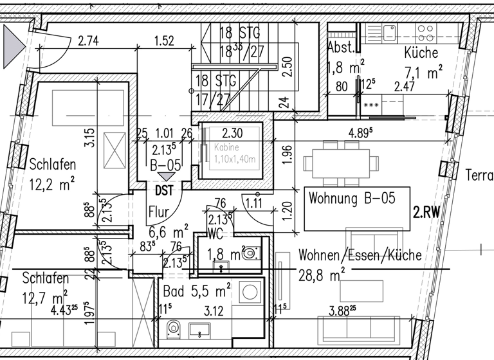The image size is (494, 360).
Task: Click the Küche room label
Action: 421,53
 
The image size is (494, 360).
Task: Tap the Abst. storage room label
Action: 340,48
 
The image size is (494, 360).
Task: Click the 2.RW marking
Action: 426,213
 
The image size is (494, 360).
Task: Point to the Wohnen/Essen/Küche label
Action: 360,255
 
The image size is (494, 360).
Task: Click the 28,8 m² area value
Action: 322,275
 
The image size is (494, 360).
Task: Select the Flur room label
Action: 158,212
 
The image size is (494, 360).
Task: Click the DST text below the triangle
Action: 163,190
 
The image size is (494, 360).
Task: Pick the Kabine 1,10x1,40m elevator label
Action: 235,152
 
